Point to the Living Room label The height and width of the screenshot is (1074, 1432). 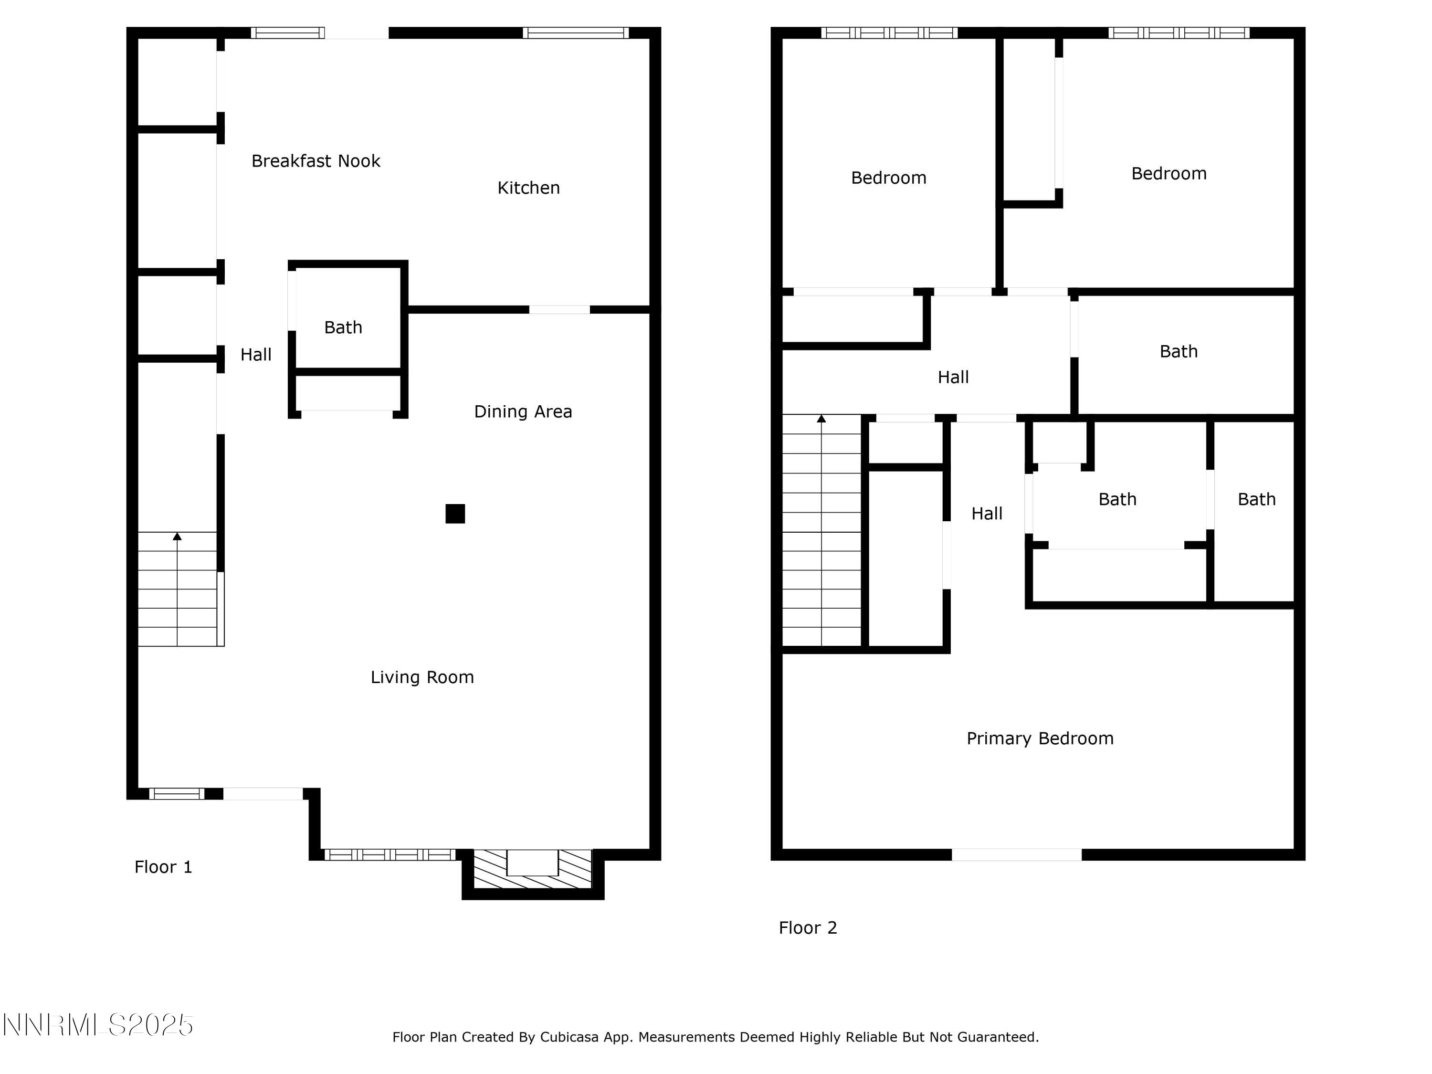(422, 677)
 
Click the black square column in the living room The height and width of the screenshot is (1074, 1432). (455, 513)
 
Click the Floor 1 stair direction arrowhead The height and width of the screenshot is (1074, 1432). (177, 536)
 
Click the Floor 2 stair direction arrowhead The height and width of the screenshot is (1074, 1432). (821, 419)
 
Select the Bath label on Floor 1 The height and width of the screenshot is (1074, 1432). (343, 327)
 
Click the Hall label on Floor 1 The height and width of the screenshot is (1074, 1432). (256, 355)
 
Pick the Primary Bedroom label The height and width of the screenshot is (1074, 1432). (1040, 738)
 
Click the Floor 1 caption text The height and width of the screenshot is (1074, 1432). (163, 867)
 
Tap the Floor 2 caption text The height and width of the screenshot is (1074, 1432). (807, 927)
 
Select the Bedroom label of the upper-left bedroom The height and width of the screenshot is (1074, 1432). (888, 178)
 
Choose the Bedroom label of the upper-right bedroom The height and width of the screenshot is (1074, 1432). (1169, 173)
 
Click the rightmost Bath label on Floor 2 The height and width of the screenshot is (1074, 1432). (1256, 499)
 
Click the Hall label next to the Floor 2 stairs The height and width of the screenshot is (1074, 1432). (987, 513)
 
